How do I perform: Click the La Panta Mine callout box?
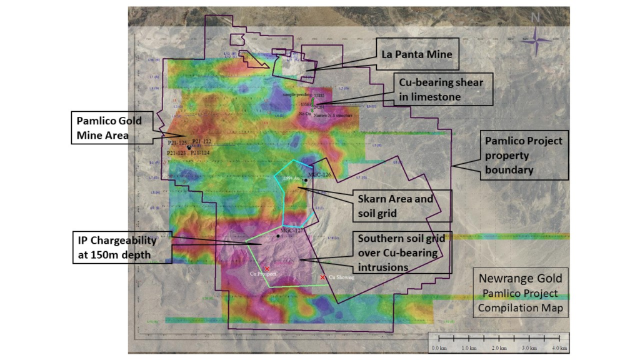click(417, 54)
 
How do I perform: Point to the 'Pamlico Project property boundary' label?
click(524, 155)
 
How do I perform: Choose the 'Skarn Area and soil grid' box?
click(395, 206)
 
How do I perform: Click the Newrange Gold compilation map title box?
click(520, 293)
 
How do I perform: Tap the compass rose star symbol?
click(536, 41)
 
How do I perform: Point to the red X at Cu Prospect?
click(267, 268)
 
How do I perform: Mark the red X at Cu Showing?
click(322, 277)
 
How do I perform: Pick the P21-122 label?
click(202, 142)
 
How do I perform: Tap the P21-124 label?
click(199, 152)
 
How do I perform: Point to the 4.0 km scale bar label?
click(559, 347)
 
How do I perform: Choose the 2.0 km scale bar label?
click(498, 347)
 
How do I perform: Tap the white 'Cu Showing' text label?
click(341, 277)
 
